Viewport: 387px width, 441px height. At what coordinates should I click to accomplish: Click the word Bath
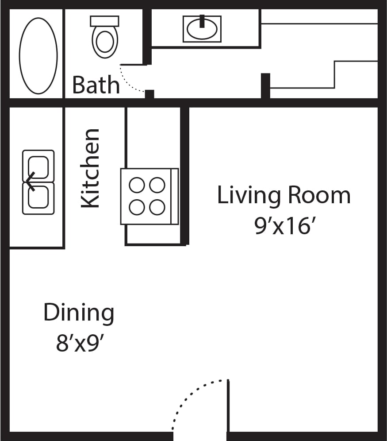(x=96, y=85)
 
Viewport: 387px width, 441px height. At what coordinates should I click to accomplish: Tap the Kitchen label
(x=90, y=168)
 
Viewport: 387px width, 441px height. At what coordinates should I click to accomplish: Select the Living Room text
(x=284, y=196)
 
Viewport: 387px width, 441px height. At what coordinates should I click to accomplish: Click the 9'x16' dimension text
(x=286, y=227)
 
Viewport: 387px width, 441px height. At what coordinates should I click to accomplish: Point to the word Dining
(x=79, y=313)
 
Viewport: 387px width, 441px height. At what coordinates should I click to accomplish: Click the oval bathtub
(x=38, y=56)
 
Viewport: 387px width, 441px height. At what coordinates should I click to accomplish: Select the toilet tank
(x=105, y=21)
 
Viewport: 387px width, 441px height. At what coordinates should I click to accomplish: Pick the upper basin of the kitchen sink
(x=38, y=166)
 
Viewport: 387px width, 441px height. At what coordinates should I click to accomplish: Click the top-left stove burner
(x=137, y=185)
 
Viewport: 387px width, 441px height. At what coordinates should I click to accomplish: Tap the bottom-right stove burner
(x=157, y=207)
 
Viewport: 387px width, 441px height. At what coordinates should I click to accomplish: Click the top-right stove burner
(x=157, y=185)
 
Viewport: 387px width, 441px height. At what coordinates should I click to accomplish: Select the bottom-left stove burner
(x=137, y=207)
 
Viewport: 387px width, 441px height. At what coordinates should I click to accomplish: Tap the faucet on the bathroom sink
(x=202, y=20)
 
